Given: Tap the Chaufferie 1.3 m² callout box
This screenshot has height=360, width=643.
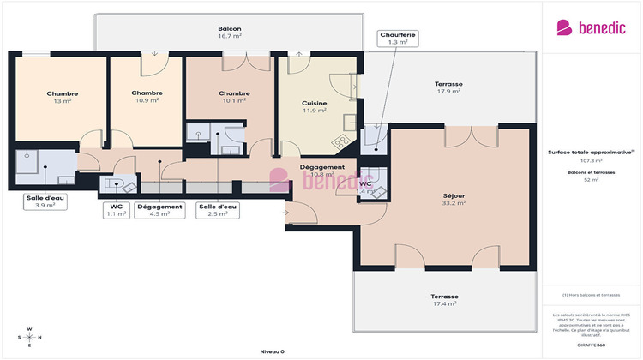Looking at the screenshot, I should click(397, 38).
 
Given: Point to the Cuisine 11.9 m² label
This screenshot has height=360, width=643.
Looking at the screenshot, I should click(314, 107).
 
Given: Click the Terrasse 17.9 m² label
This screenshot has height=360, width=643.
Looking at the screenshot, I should click(449, 87).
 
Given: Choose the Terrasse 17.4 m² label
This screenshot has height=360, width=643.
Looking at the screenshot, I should click(444, 300).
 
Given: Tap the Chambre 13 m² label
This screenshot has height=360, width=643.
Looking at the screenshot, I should click(62, 97).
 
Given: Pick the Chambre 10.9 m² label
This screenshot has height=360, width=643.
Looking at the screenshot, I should click(147, 96).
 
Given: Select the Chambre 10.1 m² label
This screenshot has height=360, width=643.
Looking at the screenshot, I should click(233, 97).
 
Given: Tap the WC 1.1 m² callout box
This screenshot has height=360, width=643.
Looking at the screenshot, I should click(117, 210).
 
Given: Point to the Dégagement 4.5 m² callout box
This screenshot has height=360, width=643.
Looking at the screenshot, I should click(159, 210).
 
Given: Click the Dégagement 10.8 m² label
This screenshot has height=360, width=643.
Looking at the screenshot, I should click(322, 171).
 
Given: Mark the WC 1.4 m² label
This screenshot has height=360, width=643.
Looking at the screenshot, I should click(364, 188).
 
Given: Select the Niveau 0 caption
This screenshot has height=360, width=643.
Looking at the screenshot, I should click(272, 351).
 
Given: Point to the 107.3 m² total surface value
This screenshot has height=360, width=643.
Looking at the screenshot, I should click(592, 160).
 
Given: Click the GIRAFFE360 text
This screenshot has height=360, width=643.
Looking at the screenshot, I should click(591, 345).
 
